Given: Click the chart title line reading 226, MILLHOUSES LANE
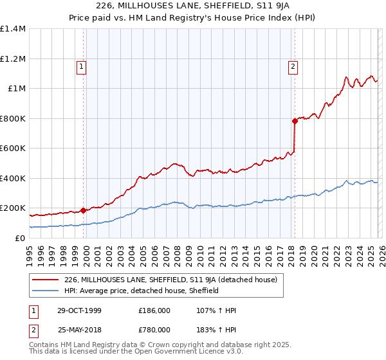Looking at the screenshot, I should coord(192,6).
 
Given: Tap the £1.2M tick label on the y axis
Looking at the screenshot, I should coord(12,59).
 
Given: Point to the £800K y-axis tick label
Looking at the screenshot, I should coord(12,118).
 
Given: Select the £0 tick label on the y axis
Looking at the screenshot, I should coord(19,238).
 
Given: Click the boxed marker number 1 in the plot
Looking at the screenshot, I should coord(82,66).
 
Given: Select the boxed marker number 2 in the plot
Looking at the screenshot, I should coord(293,66).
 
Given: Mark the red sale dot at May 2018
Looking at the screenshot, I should coord(295,121).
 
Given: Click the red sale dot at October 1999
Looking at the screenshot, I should coord(84,210).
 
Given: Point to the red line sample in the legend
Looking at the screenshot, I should coord(45,280).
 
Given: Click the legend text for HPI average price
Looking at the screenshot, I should coord(142,291).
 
